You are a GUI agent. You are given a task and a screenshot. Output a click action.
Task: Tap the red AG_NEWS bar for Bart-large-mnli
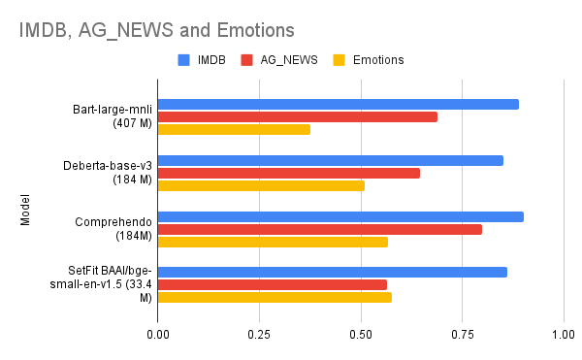point(297,116)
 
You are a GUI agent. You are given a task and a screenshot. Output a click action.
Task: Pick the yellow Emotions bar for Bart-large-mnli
point(234,129)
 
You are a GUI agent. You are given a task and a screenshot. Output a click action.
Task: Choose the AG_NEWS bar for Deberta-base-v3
point(288,173)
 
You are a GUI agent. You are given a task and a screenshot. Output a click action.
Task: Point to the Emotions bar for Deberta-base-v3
point(261,185)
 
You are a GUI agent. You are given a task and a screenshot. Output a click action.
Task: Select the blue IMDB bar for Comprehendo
point(340,216)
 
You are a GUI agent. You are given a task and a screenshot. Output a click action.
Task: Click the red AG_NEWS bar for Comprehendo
point(319,229)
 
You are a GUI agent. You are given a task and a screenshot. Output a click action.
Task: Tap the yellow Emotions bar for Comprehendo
point(273,242)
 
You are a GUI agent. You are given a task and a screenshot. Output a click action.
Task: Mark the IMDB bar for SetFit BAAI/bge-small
point(332,272)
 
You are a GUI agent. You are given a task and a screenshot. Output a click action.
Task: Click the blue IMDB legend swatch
point(183,60)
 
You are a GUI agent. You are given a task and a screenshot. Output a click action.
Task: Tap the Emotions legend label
point(378,60)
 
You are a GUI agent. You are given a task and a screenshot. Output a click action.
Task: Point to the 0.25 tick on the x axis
point(259,335)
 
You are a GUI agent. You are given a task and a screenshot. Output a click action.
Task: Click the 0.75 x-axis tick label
point(462,335)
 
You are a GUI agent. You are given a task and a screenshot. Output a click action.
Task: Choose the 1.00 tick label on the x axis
point(563,335)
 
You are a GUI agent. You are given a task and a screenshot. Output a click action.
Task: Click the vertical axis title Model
point(25,210)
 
